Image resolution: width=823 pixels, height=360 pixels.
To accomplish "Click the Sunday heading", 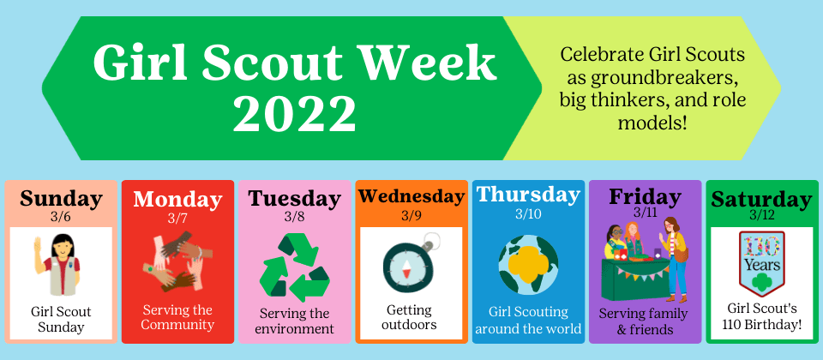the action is tap(62, 200).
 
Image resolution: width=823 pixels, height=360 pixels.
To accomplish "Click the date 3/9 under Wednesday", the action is tap(411, 216).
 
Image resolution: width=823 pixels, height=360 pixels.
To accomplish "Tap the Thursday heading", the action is tap(528, 195).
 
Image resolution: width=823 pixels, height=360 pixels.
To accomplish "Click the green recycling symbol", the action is tap(294, 268).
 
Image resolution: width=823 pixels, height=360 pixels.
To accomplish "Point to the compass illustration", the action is tap(410, 266).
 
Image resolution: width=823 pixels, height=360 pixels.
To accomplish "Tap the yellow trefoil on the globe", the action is tap(528, 262).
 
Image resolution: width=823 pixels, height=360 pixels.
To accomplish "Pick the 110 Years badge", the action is tap(761, 263).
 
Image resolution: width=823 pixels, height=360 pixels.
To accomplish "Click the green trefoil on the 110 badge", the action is tap(761, 283).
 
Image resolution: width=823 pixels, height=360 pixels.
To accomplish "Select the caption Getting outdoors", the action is tap(410, 317).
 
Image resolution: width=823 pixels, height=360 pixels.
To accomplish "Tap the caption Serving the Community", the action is tap(177, 317).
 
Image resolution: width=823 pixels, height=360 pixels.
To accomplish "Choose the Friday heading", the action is tap(645, 197).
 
